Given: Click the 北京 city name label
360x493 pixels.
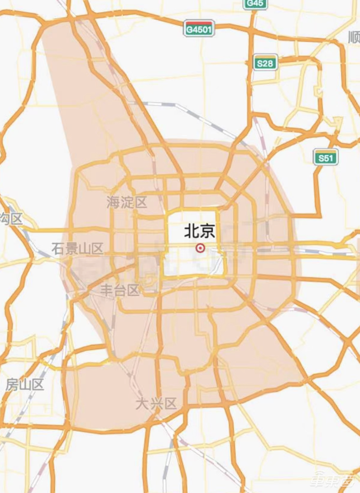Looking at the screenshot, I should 199,231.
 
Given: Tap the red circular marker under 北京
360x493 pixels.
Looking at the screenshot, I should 199,248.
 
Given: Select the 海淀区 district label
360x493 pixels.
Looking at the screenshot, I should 127,202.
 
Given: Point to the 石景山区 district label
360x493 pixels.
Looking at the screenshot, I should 77,248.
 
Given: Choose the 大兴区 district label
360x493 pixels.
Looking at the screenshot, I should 156,404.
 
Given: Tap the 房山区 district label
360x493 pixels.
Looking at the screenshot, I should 25,385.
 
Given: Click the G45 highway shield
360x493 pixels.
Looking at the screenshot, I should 255,3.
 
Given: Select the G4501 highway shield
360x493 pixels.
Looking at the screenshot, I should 199,29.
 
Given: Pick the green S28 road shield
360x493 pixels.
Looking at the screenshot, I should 266,63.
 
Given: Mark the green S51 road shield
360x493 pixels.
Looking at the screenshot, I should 326,158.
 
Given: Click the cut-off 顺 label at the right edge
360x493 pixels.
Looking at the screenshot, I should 354,38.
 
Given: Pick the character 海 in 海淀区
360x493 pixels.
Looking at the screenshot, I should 113,202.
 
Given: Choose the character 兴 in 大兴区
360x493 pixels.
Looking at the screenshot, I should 156,404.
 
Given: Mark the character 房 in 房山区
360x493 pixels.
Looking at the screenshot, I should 12,385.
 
